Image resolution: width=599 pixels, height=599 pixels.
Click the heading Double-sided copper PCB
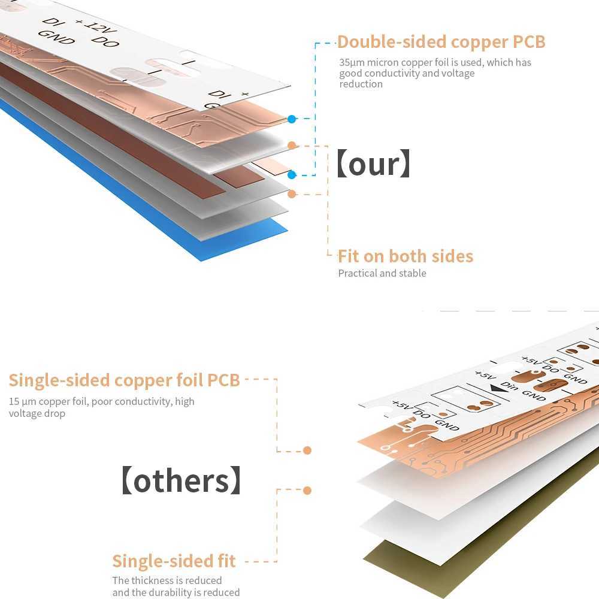(441, 42)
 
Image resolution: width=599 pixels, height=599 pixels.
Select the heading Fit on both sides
(406, 256)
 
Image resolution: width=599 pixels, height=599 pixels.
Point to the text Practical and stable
(382, 273)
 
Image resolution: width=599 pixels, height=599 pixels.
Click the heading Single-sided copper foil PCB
(124, 380)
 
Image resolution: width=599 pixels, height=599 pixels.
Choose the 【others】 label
(181, 481)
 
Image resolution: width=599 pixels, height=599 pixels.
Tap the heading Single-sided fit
(174, 561)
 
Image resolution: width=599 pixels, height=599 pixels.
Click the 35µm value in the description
(349, 62)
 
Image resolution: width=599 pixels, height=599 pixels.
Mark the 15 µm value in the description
(19, 401)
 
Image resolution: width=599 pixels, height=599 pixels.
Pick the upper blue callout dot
(292, 119)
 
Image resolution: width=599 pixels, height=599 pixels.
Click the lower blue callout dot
(292, 175)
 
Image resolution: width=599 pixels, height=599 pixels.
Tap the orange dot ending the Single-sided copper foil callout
(307, 450)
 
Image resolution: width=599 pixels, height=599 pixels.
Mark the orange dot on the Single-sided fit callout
(307, 491)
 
